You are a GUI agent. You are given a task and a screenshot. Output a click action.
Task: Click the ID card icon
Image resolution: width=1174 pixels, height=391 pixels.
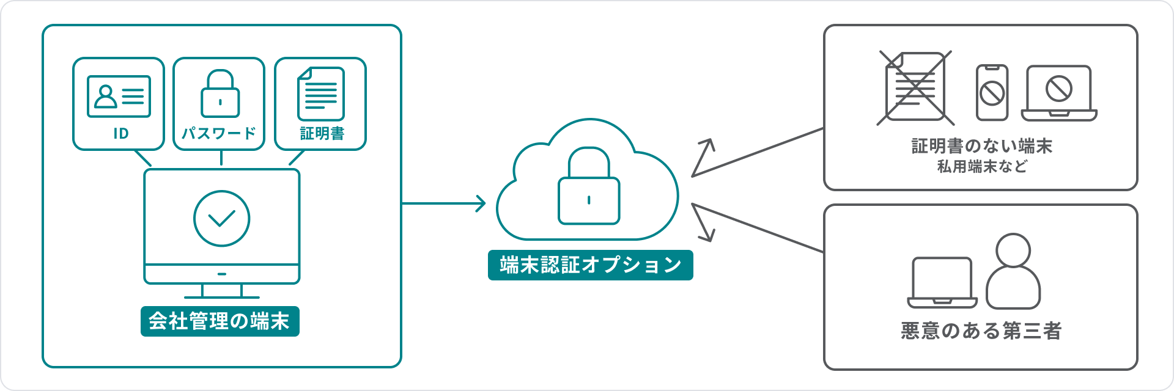[x=119, y=96]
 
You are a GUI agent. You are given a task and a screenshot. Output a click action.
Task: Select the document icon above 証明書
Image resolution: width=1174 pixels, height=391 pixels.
[x=321, y=94]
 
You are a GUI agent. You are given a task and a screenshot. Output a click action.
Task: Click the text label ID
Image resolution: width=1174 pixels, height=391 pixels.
[x=121, y=133]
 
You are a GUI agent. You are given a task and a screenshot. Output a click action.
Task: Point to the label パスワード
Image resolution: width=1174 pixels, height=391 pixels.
[x=219, y=133]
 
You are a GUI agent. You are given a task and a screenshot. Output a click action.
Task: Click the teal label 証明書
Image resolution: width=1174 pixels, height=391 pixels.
[x=322, y=133]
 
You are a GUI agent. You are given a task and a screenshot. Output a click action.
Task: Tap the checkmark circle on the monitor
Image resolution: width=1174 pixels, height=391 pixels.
[x=221, y=218]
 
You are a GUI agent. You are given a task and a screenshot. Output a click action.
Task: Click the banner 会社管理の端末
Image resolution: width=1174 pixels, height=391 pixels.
[x=220, y=321]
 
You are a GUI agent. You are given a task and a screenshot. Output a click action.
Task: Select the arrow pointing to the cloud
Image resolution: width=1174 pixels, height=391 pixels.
[x=444, y=203]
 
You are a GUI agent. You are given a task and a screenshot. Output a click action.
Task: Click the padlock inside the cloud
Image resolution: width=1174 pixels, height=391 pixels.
[x=589, y=186]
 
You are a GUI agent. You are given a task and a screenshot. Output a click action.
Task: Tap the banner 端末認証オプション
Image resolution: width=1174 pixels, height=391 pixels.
[x=590, y=265]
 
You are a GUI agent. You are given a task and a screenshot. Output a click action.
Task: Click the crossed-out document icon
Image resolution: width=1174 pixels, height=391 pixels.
[x=915, y=87]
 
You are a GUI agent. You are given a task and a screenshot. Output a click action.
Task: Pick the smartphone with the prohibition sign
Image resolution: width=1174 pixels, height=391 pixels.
[x=992, y=93]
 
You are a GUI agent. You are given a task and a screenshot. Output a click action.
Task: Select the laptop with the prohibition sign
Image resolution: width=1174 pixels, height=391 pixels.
[x=1059, y=93]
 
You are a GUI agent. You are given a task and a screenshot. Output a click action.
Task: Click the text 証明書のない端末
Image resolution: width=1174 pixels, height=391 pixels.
[x=981, y=146]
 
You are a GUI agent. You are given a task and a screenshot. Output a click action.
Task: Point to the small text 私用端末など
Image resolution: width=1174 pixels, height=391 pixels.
[x=981, y=166]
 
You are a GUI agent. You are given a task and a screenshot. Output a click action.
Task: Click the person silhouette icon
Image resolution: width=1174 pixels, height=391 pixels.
[x=1013, y=272]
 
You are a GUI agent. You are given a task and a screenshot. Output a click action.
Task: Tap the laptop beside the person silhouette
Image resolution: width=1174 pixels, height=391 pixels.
[x=942, y=282]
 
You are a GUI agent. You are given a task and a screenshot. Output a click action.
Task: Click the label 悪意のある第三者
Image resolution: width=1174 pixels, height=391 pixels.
[x=981, y=331]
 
